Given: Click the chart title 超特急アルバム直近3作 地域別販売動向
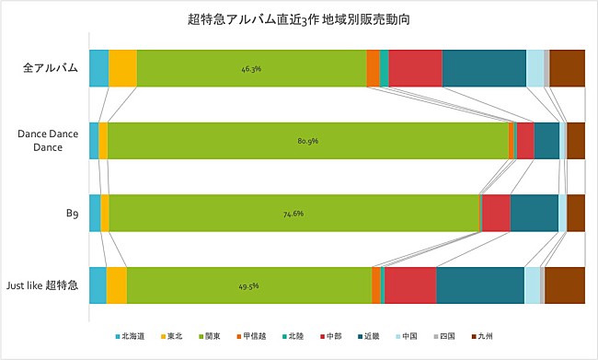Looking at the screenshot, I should tap(298, 18).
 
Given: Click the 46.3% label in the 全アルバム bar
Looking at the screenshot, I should tap(251, 69).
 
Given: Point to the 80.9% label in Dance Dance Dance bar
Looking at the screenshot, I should tap(307, 141).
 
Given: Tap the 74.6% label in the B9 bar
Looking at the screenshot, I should tap(293, 214).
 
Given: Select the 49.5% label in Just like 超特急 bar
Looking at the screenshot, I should tap(248, 286).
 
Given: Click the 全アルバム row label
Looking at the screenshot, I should tap(51, 68).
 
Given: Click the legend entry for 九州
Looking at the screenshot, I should tap(482, 337).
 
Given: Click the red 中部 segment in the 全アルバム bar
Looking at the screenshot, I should tap(415, 69).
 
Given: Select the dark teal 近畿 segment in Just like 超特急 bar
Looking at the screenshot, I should tap(479, 285).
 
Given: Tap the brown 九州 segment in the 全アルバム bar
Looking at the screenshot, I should tap(567, 69).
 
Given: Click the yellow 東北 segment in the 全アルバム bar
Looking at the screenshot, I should tap(122, 69).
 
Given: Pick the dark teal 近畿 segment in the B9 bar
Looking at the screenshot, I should tap(534, 214).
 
